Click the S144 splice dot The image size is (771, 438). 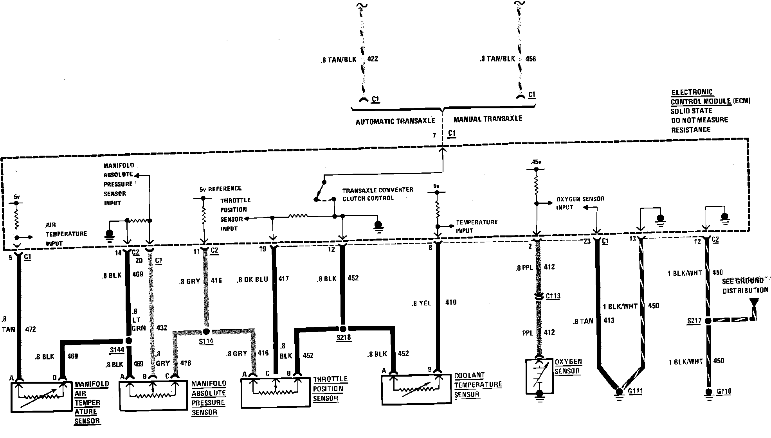[x=129, y=341]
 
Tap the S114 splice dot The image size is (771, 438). [x=206, y=332]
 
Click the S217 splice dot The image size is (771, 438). [x=708, y=321]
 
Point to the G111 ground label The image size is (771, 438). [x=635, y=391]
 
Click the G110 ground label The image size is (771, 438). [x=724, y=391]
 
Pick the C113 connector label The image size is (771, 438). [x=553, y=296]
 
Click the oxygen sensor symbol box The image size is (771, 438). [x=539, y=375]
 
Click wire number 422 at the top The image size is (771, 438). [x=372, y=59]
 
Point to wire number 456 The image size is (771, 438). [x=530, y=59]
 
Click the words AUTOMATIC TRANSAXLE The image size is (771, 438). [x=395, y=122]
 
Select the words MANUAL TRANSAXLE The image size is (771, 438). [x=488, y=118]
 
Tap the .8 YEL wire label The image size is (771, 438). [x=421, y=303]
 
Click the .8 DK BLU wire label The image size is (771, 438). [x=252, y=280]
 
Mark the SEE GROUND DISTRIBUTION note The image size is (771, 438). [x=745, y=286]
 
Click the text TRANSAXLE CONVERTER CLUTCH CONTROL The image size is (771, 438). [x=378, y=194]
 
